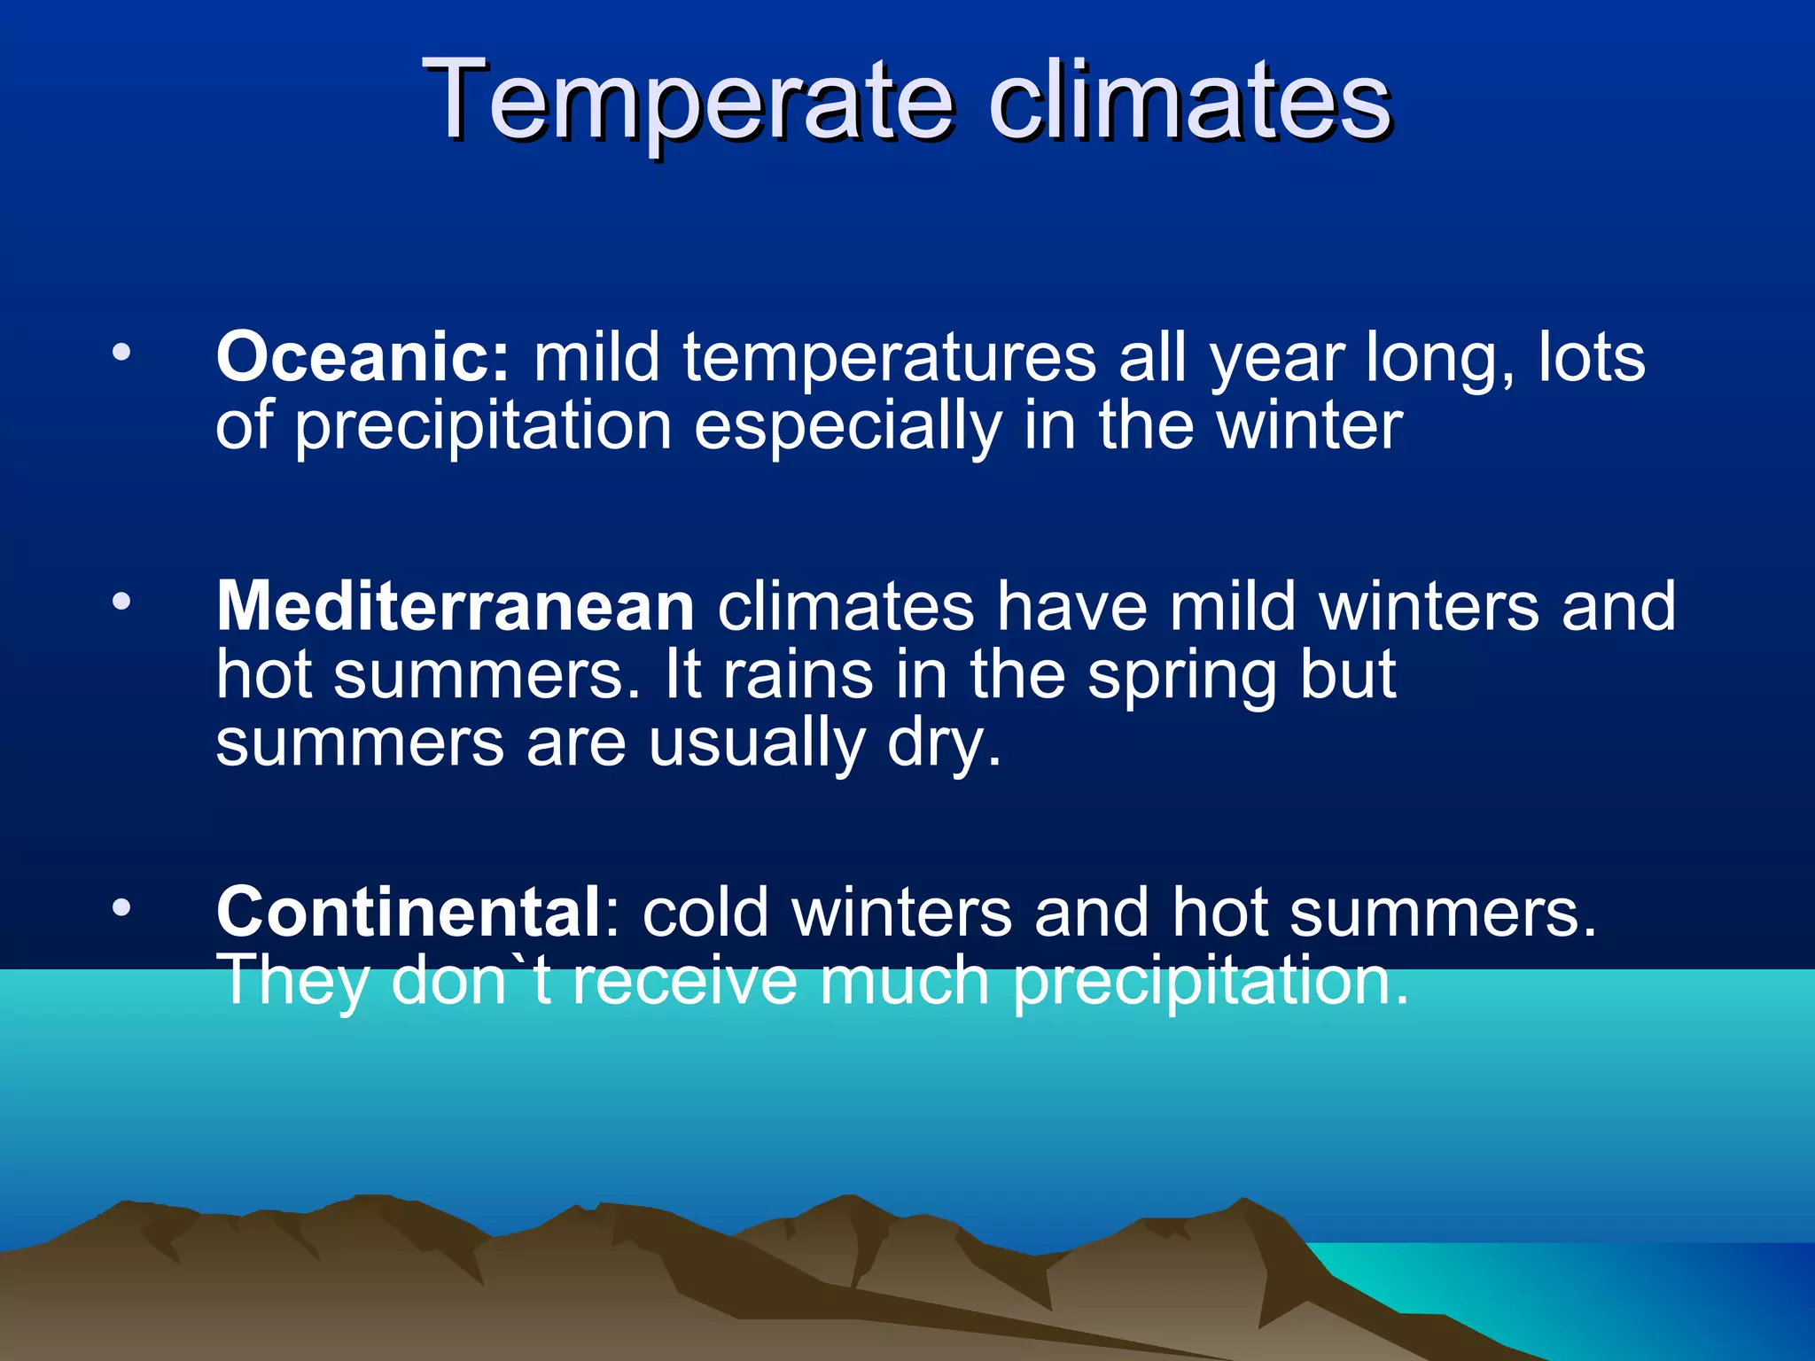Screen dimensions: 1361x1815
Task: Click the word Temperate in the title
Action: (x=688, y=99)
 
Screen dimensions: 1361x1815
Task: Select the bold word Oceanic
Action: (x=362, y=357)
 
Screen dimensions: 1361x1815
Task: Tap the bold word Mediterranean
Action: (x=456, y=607)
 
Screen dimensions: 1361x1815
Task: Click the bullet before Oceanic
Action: (x=121, y=354)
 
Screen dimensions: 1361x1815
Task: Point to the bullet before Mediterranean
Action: (x=121, y=603)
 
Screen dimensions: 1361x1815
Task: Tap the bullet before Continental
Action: (x=121, y=907)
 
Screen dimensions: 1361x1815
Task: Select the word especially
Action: (x=847, y=427)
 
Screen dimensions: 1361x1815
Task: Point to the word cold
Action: (x=705, y=912)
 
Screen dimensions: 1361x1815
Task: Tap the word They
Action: (x=292, y=982)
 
